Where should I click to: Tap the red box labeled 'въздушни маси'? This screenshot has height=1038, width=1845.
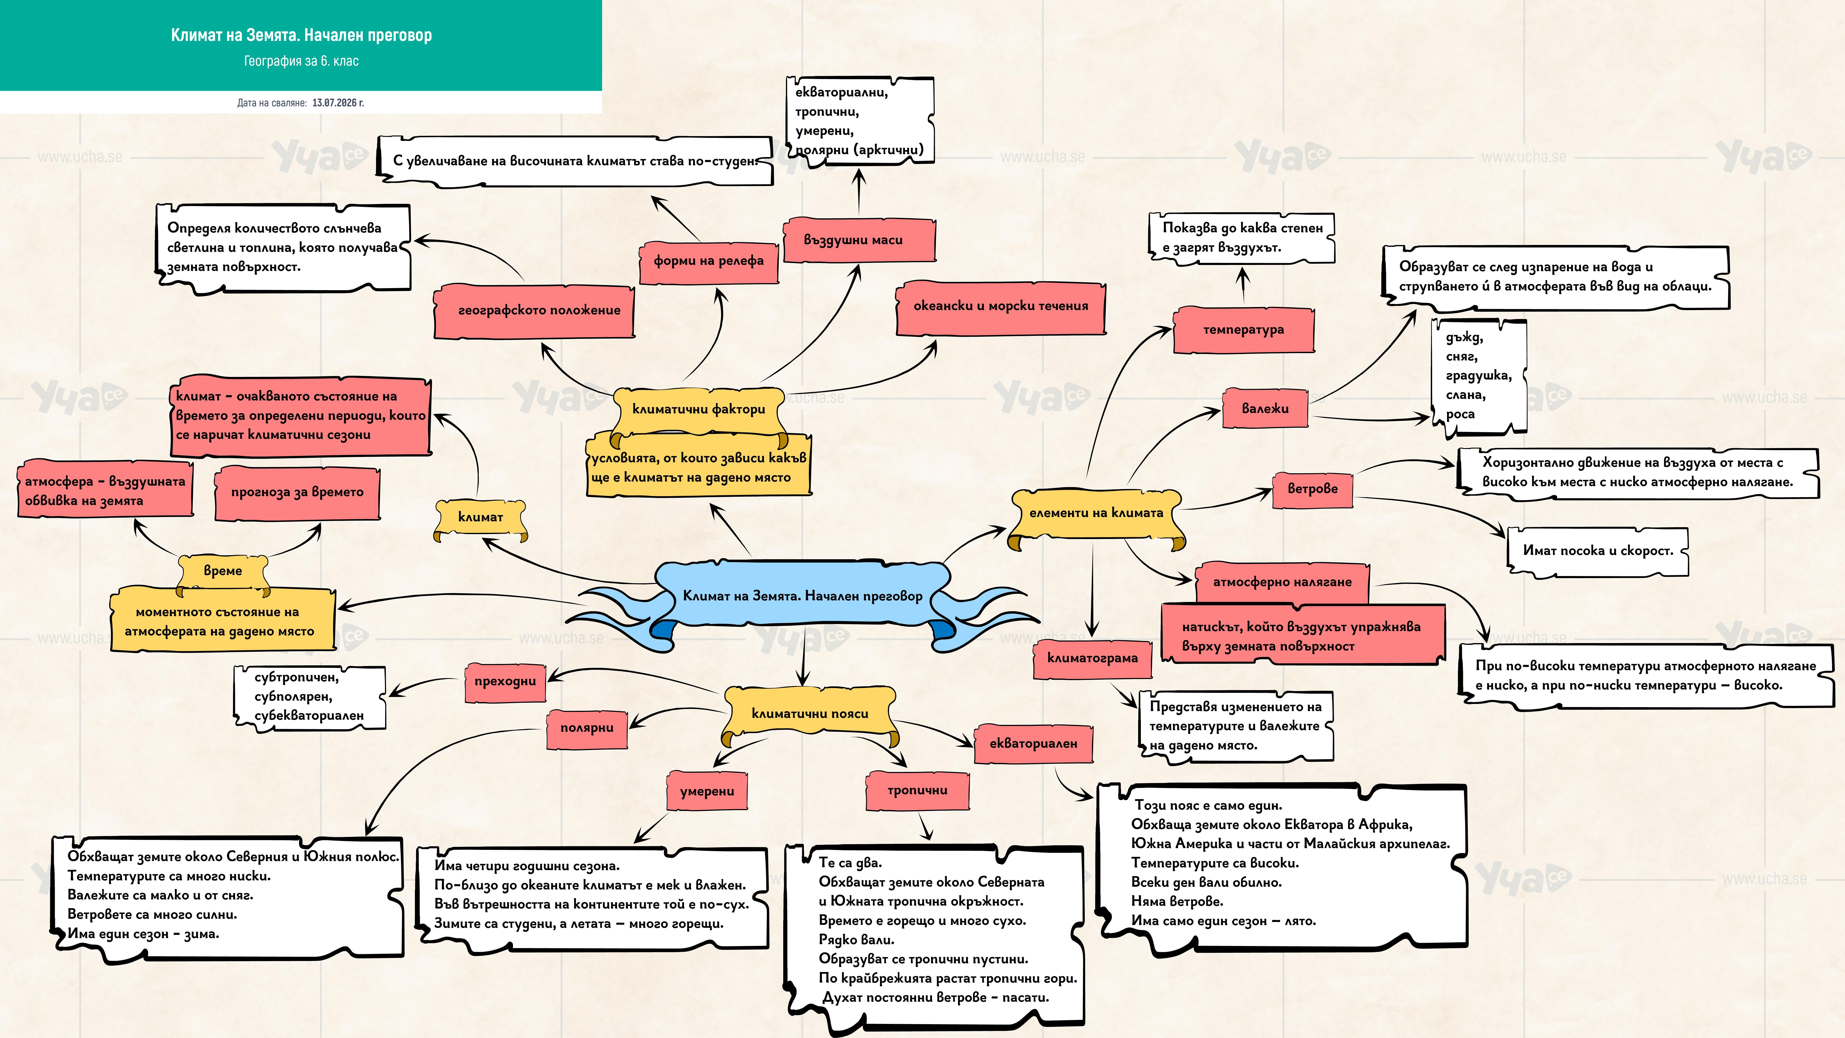pos(859,240)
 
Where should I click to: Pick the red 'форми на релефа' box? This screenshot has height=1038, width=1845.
pos(708,262)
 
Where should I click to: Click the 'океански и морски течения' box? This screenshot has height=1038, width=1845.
pos(1001,307)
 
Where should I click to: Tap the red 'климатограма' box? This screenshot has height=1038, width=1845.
pos(1092,658)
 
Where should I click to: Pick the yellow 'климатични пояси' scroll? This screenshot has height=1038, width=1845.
pos(809,714)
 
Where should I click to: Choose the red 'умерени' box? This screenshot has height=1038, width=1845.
pos(707,792)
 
